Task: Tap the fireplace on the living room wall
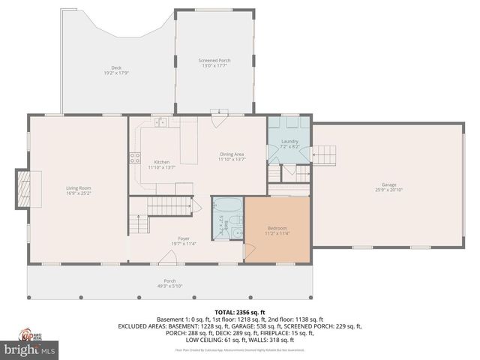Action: pos(23,187)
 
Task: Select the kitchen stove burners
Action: pos(135,157)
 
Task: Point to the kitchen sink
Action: pos(160,122)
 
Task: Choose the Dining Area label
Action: pos(231,154)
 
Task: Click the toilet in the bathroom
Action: pos(235,219)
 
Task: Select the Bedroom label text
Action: pos(277,228)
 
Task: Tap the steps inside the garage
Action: pos(324,155)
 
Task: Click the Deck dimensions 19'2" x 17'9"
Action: pos(117,73)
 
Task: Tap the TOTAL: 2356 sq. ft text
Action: pos(240,312)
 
